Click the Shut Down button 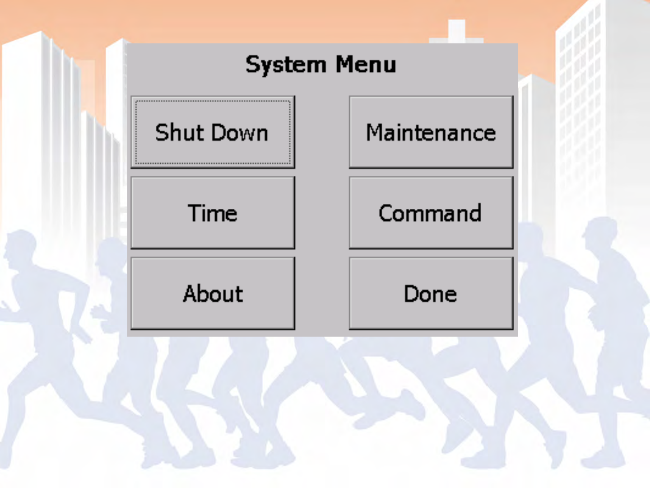tap(213, 132)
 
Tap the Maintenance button tap(431, 132)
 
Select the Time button tap(213, 213)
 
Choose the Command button tap(431, 213)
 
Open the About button tap(213, 294)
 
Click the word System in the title tap(285, 65)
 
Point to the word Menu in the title tap(366, 65)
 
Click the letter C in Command tap(387, 213)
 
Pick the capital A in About tap(191, 294)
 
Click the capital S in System tap(253, 65)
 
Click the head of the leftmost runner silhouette tap(20, 246)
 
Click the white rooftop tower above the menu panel tap(456, 31)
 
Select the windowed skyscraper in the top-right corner tap(600, 68)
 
